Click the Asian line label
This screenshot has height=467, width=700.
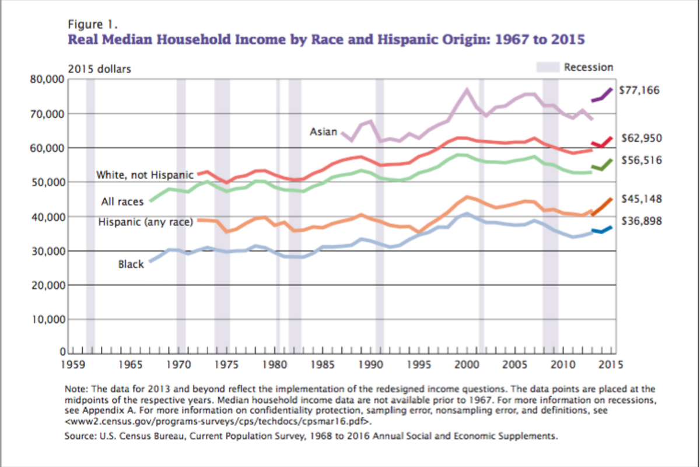pyautogui.click(x=323, y=132)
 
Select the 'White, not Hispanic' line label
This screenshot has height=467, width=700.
pyautogui.click(x=144, y=175)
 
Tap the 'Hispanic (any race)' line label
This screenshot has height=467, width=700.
pyautogui.click(x=145, y=222)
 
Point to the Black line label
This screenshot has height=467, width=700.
pyautogui.click(x=131, y=264)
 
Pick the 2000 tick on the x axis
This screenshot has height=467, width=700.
pyautogui.click(x=467, y=366)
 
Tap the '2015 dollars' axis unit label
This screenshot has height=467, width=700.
pyautogui.click(x=100, y=69)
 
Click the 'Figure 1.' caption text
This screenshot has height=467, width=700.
pyautogui.click(x=93, y=25)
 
